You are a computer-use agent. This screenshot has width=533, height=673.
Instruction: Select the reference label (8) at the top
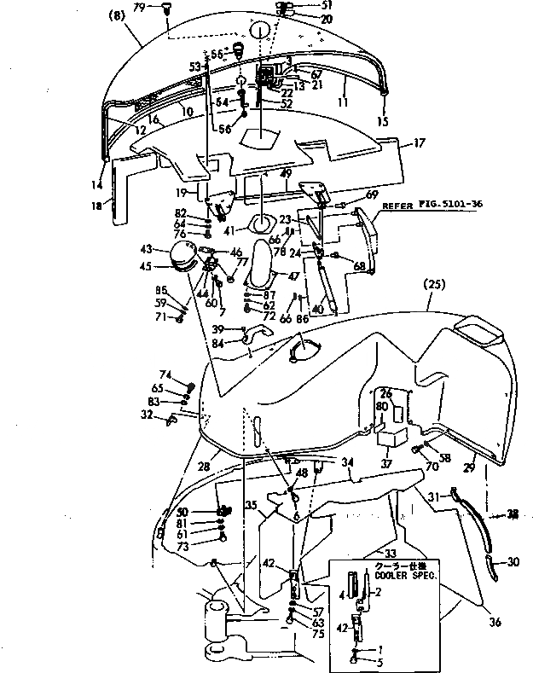pos(118,15)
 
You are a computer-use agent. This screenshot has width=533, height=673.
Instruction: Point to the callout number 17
pos(420,144)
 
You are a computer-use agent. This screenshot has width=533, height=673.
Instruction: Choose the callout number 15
pos(382,122)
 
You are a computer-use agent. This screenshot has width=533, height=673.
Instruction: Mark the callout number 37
pos(386,465)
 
